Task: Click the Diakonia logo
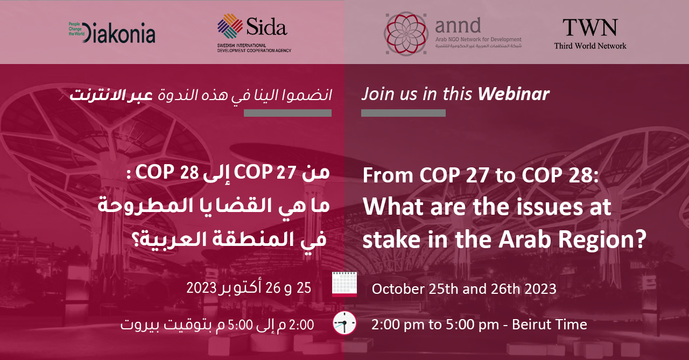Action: [111, 32]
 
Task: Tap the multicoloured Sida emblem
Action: [230, 26]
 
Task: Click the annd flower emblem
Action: [406, 33]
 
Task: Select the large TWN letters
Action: [590, 27]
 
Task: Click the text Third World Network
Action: [590, 46]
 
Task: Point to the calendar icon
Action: [344, 284]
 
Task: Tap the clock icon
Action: [344, 323]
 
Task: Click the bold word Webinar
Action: [514, 94]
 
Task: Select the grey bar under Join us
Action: [403, 113]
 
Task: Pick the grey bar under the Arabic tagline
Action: [287, 113]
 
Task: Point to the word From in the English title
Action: [388, 175]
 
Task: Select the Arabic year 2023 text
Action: [201, 288]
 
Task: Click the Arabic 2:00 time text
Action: [301, 324]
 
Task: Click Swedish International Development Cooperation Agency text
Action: [254, 48]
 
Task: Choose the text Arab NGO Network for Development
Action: [479, 39]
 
